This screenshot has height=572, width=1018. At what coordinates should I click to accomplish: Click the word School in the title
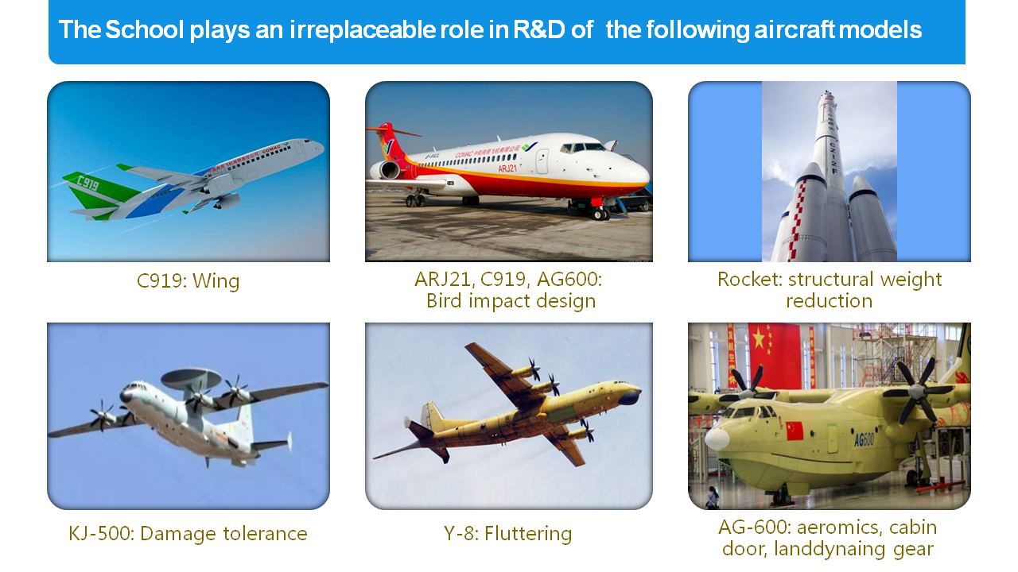tap(144, 30)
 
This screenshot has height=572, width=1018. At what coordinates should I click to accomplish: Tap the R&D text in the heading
tap(539, 30)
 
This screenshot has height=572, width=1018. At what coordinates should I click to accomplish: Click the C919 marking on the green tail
tap(87, 184)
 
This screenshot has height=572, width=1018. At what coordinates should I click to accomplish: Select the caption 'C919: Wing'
tap(188, 280)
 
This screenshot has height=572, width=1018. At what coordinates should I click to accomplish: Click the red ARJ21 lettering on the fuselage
tap(507, 168)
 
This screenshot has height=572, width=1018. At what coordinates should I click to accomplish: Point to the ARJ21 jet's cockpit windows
tap(581, 147)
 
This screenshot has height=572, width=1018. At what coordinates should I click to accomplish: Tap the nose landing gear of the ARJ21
tap(600, 212)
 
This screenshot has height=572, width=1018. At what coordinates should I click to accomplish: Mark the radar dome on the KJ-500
tap(192, 377)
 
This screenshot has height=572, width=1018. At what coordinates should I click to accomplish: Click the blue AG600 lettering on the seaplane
tap(864, 439)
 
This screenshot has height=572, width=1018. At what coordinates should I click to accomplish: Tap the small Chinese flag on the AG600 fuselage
tap(795, 431)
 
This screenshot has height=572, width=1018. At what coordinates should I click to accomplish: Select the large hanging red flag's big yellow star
tap(759, 339)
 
